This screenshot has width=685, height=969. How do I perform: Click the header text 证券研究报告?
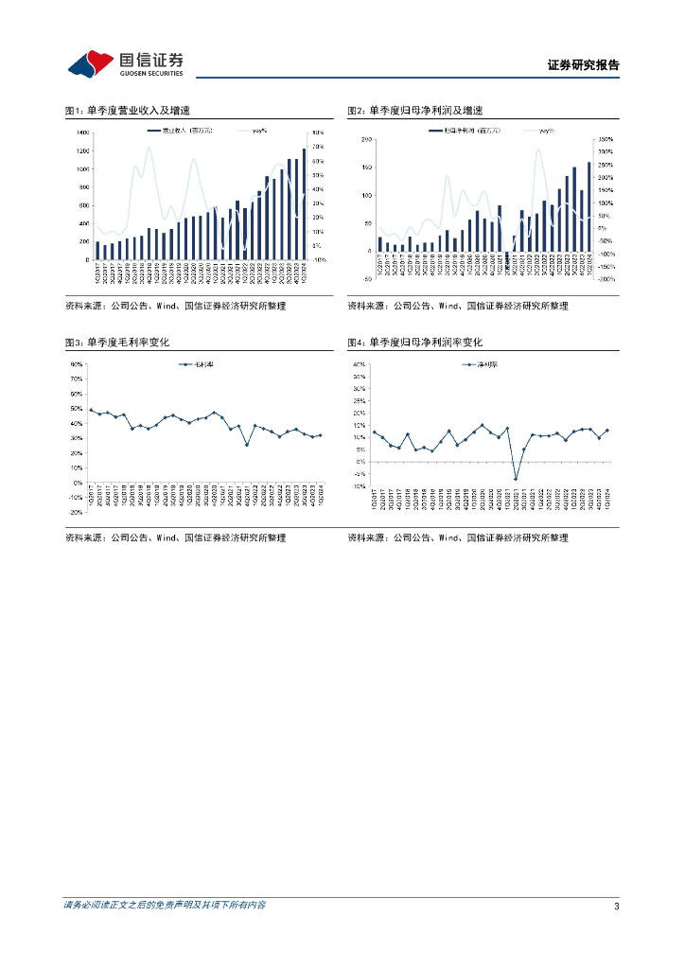pos(583,65)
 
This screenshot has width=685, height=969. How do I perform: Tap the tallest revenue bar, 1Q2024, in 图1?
pos(305,195)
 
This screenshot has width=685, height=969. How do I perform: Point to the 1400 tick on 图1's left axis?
pos(83,133)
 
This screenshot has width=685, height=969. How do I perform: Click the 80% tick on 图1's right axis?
pos(319,133)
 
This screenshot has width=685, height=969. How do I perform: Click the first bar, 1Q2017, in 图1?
pos(97,251)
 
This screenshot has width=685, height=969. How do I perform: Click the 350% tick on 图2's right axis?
pos(606,140)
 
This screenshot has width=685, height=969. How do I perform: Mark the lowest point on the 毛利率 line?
pos(247,445)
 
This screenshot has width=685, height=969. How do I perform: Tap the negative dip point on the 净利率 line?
pos(516,479)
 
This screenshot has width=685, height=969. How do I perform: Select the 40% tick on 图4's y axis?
pos(359,364)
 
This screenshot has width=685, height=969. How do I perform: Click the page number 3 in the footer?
pos(617,907)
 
